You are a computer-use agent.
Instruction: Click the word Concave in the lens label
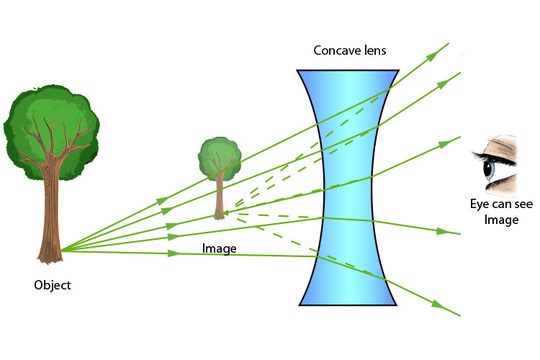click(336, 51)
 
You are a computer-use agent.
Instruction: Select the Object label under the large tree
click(53, 285)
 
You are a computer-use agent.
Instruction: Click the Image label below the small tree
click(220, 248)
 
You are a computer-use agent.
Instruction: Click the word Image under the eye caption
click(501, 220)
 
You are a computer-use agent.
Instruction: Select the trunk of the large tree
click(52, 209)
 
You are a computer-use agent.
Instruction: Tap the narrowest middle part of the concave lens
click(348, 187)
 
